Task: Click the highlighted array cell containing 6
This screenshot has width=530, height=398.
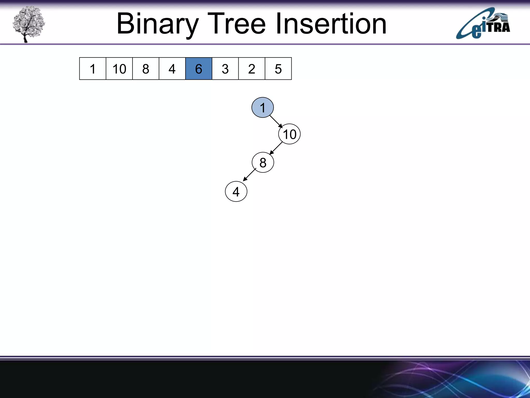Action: (198, 69)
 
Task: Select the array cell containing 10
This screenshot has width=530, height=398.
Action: (119, 69)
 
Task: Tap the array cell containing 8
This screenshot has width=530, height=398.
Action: (146, 69)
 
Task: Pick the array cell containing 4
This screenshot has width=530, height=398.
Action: (172, 69)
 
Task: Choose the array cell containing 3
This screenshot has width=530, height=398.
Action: (225, 69)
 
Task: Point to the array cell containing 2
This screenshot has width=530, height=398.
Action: (252, 69)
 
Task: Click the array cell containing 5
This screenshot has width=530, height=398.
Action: (278, 69)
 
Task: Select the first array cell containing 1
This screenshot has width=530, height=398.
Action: (93, 69)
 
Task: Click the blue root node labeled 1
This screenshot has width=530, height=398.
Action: (262, 108)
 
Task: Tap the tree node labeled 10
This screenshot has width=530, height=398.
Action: (289, 134)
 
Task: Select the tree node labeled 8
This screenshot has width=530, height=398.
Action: (263, 162)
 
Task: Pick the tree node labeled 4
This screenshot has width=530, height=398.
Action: (236, 192)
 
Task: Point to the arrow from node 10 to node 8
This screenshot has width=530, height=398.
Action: (276, 148)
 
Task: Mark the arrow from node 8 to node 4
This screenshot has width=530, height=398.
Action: (249, 175)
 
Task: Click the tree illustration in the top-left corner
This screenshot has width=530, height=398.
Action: (28, 24)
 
